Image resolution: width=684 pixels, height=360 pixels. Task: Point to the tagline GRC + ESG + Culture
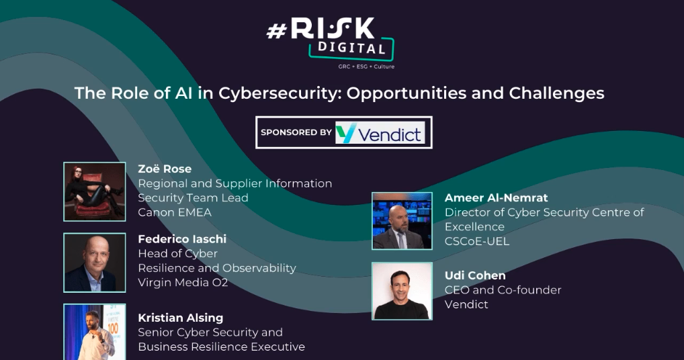366,66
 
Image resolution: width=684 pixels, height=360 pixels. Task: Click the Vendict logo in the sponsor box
380,133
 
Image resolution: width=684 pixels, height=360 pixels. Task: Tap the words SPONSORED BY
296,133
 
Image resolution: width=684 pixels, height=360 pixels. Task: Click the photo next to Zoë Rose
95,191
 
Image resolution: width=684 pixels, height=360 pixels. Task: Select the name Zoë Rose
165,169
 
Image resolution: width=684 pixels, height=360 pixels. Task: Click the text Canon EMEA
175,212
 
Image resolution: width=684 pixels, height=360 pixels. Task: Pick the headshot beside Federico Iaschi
95,263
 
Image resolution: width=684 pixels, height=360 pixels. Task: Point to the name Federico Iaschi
182,239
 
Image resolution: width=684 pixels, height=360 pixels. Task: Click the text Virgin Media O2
183,283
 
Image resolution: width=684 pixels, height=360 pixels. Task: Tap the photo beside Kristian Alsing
95,332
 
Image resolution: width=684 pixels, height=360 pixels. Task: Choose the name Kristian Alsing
180,318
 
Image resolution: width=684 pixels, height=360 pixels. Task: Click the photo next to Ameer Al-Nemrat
402,221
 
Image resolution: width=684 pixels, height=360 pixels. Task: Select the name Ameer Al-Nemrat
496,198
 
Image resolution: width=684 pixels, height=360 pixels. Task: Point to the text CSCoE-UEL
477,241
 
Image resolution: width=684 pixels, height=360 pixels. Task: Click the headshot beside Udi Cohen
402,291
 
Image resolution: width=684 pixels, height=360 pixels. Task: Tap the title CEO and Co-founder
503,290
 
